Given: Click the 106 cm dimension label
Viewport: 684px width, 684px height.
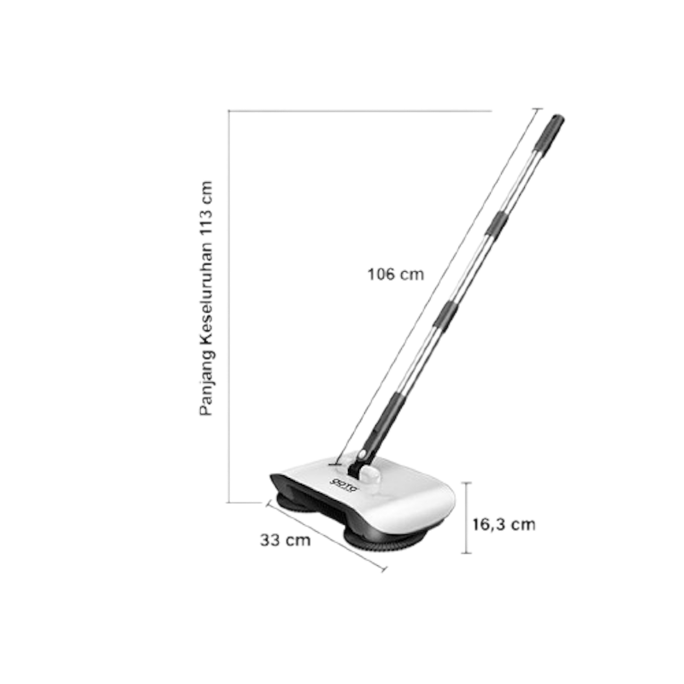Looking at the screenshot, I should coord(396,274).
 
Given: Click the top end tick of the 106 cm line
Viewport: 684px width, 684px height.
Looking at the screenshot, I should coord(537,108).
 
